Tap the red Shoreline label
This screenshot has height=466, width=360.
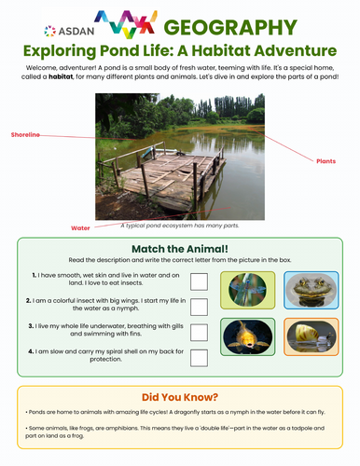(x=25, y=135)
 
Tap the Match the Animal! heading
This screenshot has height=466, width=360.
(x=180, y=249)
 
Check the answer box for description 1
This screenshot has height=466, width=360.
(x=199, y=281)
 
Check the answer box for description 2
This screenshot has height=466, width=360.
(x=199, y=306)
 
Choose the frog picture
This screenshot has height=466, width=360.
(x=305, y=290)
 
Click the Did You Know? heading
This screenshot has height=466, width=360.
(x=180, y=395)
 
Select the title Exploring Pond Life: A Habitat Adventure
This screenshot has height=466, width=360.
(x=180, y=51)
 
